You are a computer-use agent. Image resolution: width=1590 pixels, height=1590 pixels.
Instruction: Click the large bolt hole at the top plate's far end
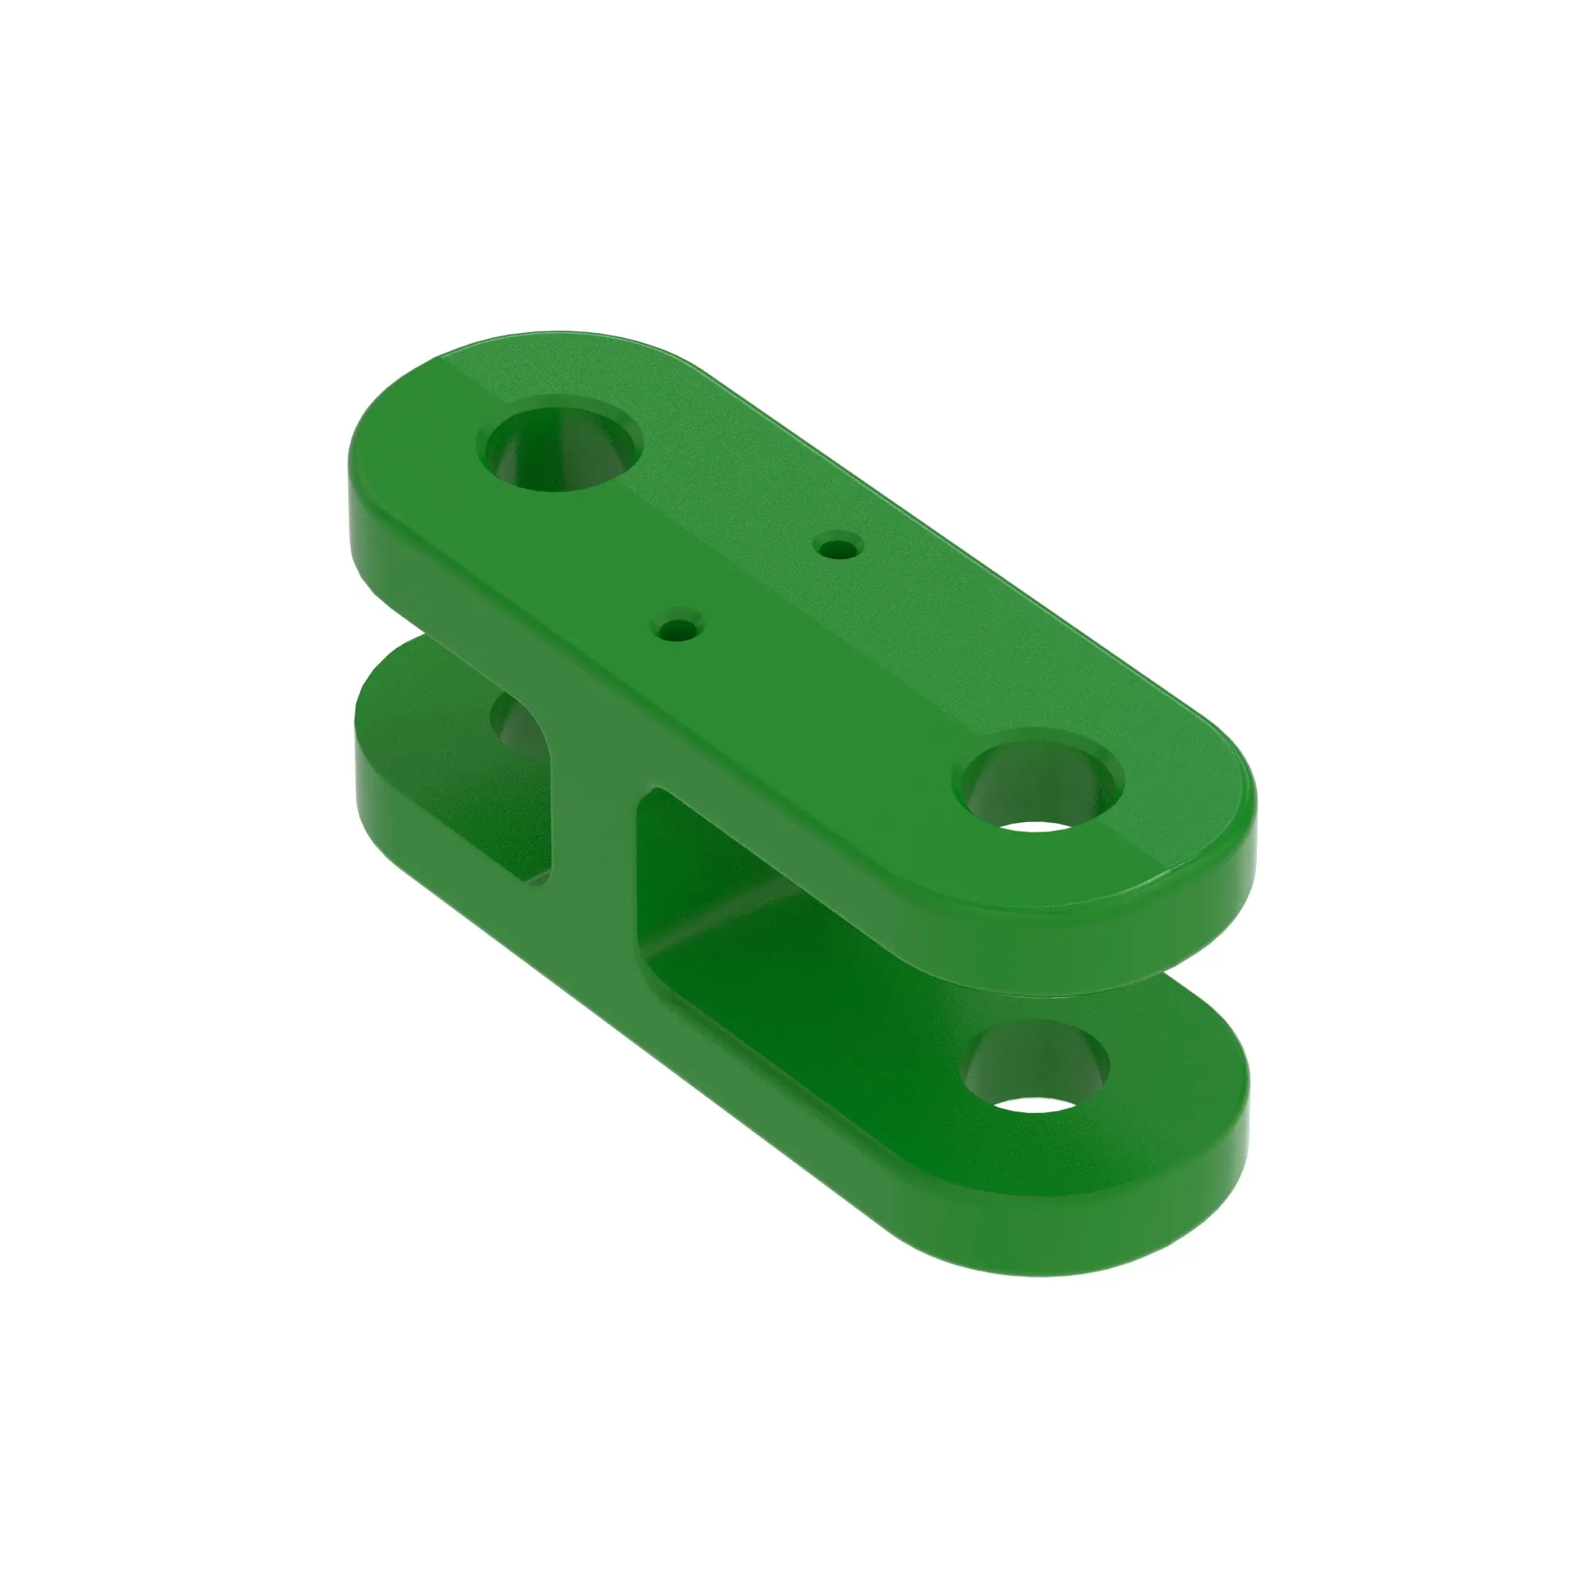tap(560, 451)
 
